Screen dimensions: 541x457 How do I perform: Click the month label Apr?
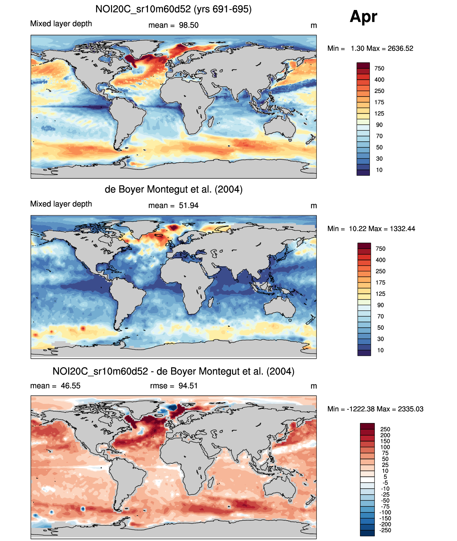[363, 16]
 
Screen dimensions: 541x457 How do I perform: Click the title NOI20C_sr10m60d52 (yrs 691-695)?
[174, 9]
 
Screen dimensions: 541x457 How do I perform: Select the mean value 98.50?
[188, 25]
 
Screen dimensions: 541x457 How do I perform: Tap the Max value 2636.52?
[400, 48]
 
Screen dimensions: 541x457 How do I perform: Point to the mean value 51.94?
[188, 206]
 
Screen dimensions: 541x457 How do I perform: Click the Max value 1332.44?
[402, 229]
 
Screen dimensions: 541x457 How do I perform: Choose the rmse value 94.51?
[188, 386]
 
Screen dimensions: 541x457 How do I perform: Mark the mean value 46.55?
[70, 386]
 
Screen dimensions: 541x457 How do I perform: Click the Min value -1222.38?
[357, 409]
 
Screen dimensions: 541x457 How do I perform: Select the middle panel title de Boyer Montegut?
[174, 189]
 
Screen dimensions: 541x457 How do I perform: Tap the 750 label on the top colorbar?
[379, 68]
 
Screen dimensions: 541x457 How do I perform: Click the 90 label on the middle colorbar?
[381, 305]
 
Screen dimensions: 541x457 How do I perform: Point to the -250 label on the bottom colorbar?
[385, 530]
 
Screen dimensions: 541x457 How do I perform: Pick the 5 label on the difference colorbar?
[385, 477]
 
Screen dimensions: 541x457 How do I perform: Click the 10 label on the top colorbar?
[379, 170]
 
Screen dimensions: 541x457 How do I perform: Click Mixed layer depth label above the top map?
[61, 24]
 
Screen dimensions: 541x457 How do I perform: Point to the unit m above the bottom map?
[313, 386]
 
